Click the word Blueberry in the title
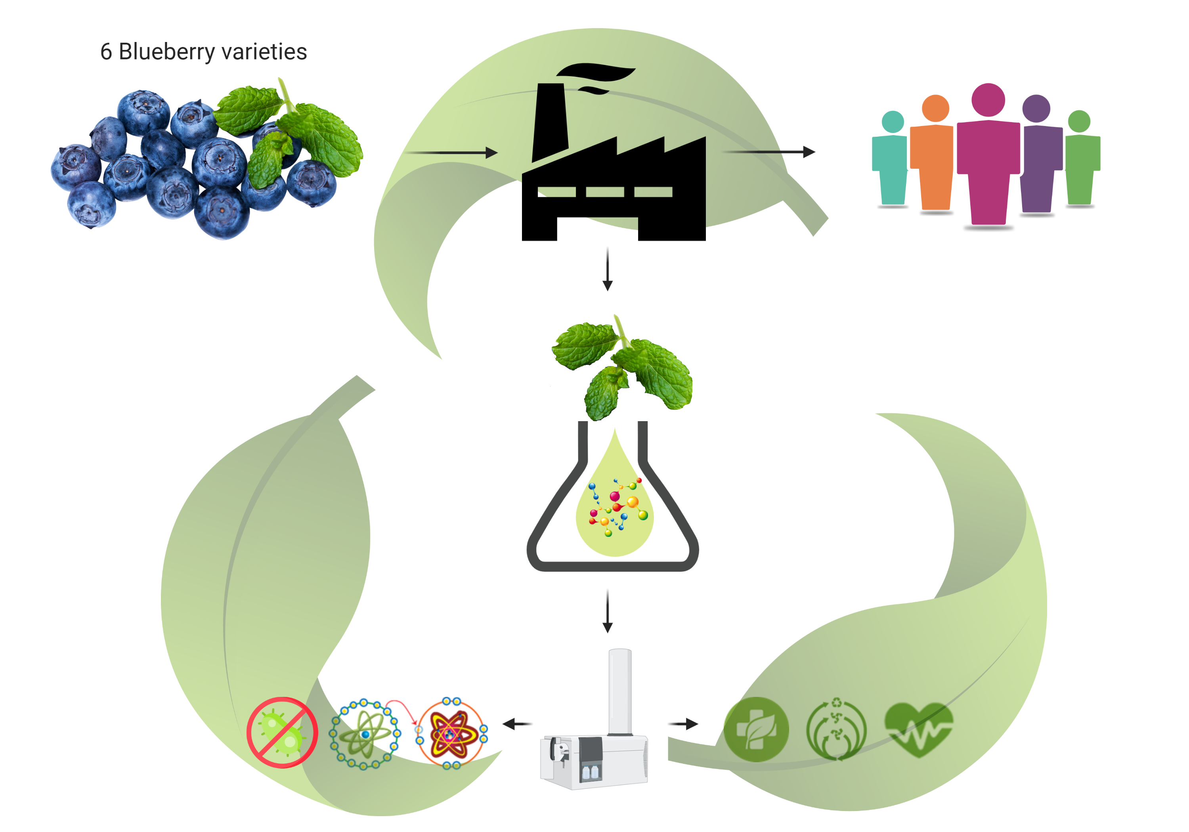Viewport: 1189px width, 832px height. point(166,52)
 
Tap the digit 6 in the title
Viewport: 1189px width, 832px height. point(106,52)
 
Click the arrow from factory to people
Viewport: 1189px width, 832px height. point(768,152)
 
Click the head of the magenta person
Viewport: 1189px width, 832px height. point(988,100)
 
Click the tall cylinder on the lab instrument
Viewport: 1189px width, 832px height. point(619,691)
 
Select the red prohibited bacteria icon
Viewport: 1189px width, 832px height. point(282,732)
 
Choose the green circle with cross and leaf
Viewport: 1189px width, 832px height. point(756,729)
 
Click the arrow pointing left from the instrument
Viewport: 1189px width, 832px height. point(517,723)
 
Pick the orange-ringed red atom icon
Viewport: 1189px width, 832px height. point(451,733)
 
